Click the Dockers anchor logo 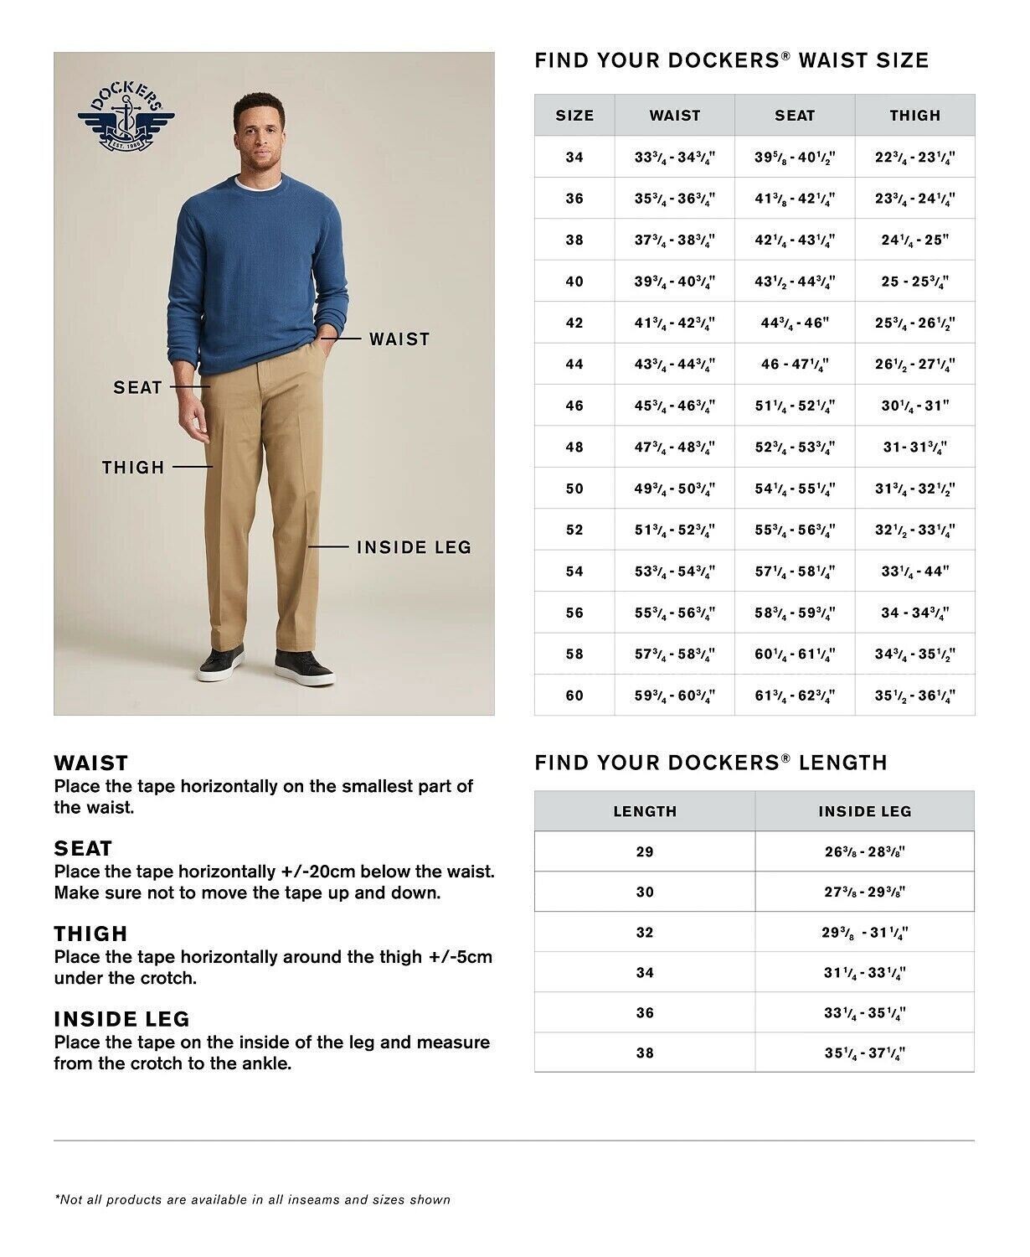point(126,119)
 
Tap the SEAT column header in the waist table point(795,116)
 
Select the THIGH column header point(914,116)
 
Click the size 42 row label point(574,323)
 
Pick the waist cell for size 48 point(674,447)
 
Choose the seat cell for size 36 point(795,199)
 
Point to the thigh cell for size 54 point(914,572)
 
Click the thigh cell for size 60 point(914,696)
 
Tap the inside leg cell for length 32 point(864,933)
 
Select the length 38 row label point(644,1053)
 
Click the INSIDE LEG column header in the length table point(864,811)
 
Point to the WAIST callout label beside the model point(399,339)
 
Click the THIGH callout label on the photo point(133,468)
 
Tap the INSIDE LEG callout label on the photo point(414,547)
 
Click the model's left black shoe point(305,667)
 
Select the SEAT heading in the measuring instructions point(83,848)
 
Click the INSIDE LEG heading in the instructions point(122,1019)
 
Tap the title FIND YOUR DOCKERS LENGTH point(710,763)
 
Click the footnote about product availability point(252,1200)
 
